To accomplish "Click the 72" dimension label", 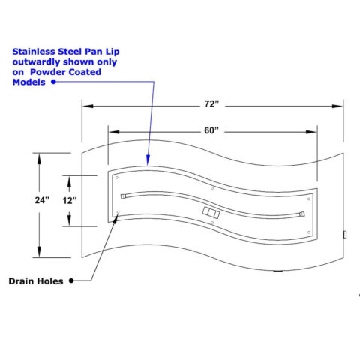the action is point(211,104).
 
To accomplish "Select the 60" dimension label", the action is point(211,130).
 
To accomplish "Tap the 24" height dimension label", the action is point(42,200).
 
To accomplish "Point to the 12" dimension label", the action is point(70,200).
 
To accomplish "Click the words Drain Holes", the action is point(36,281).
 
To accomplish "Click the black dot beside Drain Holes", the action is point(71,280).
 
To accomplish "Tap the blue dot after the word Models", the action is point(53,82).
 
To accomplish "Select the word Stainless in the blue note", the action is point(34,52).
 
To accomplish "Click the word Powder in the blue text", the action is point(48,72).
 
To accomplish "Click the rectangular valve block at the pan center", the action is point(211,213).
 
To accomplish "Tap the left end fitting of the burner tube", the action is point(123,196).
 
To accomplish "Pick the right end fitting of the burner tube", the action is point(302,214).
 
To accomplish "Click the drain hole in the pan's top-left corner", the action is point(117,178).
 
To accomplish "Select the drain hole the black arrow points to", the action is point(118,212).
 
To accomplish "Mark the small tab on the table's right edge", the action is point(345,235).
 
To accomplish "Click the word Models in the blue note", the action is point(29,82).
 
